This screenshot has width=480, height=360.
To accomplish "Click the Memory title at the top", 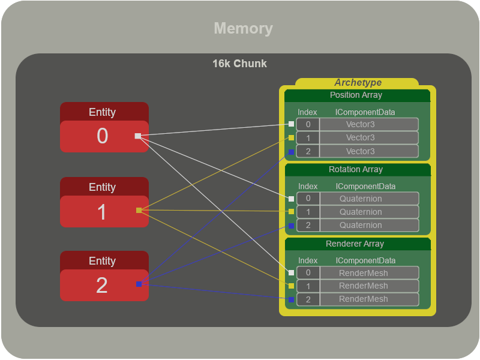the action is tap(244, 28).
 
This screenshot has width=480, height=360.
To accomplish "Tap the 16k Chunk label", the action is tap(239, 64).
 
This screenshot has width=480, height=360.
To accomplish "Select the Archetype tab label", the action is tap(358, 82).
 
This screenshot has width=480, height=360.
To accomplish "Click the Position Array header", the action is tap(356, 95).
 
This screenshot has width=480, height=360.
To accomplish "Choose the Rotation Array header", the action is tap(356, 169).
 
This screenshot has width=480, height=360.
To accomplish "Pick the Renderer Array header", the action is tap(355, 244).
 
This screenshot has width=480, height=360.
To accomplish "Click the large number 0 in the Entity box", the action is tap(103, 136).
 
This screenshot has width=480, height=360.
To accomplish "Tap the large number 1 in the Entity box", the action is tap(102, 212).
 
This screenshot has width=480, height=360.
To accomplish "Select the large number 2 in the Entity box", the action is tap(102, 286).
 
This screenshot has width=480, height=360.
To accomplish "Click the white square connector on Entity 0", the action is tap(138, 136).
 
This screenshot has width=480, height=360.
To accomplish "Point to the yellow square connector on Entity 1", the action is tap(139, 211).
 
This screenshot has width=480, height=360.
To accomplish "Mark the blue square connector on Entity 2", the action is tap(139, 284).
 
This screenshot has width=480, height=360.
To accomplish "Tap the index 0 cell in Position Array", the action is tap(308, 124).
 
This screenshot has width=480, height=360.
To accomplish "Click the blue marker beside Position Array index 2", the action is tap(291, 152).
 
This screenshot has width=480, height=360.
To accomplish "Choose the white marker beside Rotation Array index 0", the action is tap(291, 199).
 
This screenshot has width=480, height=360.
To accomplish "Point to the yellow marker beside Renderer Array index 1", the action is tap(291, 286).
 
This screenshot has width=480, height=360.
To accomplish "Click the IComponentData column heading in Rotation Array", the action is tap(365, 187).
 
